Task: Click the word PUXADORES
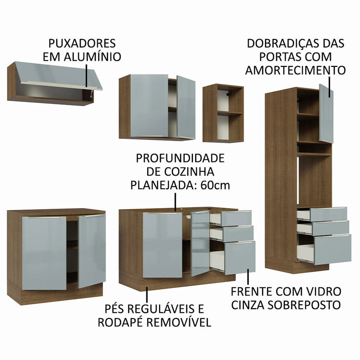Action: tap(82, 43)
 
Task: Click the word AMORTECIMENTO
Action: tap(295, 70)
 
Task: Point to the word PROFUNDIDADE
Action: tap(180, 158)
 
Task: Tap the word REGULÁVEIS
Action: tap(156, 308)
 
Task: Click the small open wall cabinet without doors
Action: tap(223, 113)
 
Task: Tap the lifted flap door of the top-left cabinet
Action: tap(58, 75)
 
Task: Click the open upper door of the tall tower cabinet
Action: tap(326, 113)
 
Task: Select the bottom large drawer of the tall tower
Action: tap(332, 249)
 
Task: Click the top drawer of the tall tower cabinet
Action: tap(328, 214)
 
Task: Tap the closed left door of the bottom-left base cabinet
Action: tap(44, 253)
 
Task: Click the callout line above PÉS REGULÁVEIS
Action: tap(147, 294)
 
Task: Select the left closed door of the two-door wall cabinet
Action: tap(149, 106)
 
